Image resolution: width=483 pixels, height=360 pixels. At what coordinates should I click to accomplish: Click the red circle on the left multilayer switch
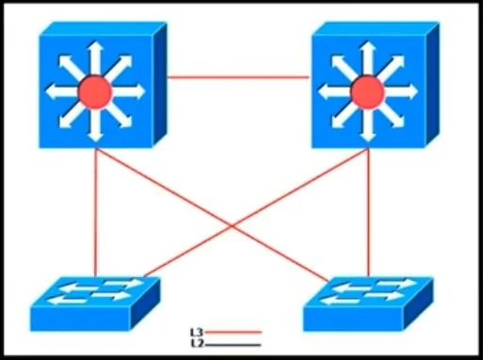(x=95, y=92)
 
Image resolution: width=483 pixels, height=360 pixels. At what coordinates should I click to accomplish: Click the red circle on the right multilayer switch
(x=367, y=92)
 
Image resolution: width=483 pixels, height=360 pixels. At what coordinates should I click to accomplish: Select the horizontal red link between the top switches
(x=238, y=77)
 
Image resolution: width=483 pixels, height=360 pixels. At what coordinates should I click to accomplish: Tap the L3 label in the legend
(x=197, y=332)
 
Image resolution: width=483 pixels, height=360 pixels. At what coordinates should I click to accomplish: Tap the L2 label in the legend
(x=197, y=343)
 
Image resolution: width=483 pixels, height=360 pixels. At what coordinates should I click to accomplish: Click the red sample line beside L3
(x=233, y=332)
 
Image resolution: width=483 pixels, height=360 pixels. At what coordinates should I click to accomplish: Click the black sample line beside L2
(x=233, y=345)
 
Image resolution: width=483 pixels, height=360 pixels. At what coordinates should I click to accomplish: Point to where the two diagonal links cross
(x=232, y=225)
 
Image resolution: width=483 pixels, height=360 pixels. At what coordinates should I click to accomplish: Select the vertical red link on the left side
(x=96, y=213)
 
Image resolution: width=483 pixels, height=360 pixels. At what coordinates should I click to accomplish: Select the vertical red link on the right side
(x=368, y=213)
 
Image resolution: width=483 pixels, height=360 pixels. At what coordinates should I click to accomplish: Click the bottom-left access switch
(x=95, y=303)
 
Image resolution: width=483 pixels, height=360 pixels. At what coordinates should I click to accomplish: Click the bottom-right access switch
(x=368, y=303)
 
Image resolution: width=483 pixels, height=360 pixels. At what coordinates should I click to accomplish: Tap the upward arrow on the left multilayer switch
(x=95, y=58)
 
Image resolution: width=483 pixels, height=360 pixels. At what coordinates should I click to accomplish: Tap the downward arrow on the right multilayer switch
(x=367, y=125)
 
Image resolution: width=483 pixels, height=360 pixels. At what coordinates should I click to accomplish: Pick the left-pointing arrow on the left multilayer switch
(x=62, y=92)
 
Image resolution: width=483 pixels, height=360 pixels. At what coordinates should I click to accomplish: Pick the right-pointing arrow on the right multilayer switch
(x=401, y=92)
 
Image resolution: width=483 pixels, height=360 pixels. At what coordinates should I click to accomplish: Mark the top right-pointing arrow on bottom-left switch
(x=124, y=283)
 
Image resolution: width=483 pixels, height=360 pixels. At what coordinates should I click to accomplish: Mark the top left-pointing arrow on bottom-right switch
(x=351, y=287)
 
